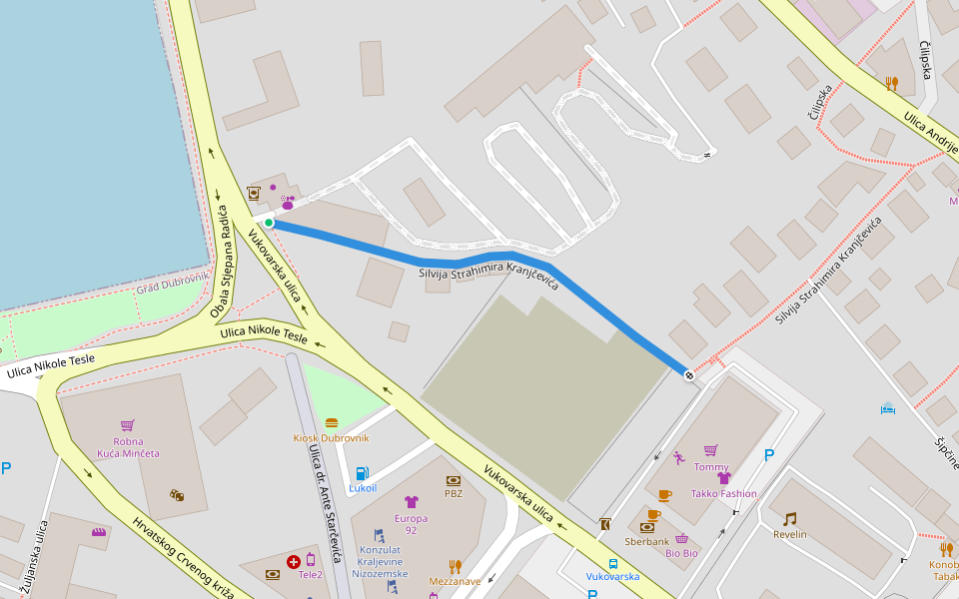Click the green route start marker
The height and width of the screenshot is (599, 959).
269,223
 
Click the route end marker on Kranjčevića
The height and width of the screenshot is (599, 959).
688,375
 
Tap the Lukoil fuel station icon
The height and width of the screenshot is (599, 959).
363,472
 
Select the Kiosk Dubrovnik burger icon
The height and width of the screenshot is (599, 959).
332,423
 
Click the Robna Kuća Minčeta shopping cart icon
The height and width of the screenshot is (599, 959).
127,425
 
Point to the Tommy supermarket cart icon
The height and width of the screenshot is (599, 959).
710,450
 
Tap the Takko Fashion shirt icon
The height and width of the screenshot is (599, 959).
724,477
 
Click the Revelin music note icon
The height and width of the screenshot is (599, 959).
790,518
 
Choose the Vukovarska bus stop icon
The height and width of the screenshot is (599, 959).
612,563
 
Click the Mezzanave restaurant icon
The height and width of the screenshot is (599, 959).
455,566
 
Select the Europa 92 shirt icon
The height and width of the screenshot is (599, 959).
411,502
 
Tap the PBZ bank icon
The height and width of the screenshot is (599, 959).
454,480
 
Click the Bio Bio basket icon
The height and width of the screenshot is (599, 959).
681,539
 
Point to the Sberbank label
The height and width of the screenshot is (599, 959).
646,542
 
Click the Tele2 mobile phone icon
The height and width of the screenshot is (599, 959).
311,560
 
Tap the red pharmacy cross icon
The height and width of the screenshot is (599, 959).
294,562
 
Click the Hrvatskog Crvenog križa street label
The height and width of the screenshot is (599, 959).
184,557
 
